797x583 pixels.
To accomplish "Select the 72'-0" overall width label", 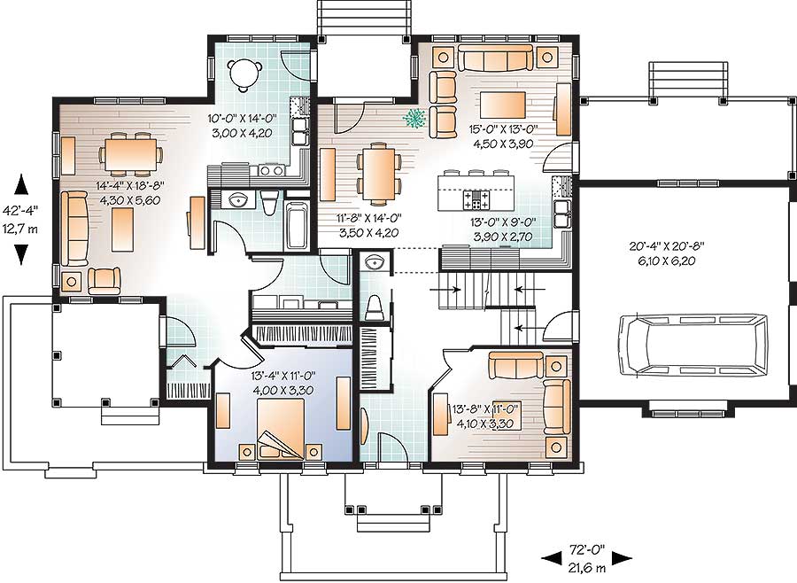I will pyautogui.click(x=586, y=549).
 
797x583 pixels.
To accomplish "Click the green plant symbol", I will pyautogui.click(x=414, y=118).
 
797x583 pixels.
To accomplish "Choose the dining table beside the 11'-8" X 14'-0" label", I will pyautogui.click(x=373, y=173).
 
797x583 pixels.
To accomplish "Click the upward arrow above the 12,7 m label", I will pyautogui.click(x=23, y=186).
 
